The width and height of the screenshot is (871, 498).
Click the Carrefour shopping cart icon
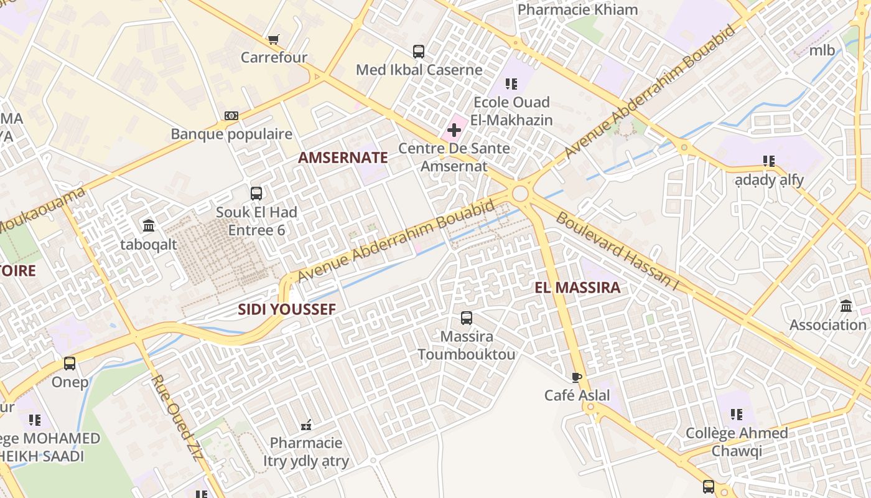coord(273,40)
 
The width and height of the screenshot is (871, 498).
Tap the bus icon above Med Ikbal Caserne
coord(419,52)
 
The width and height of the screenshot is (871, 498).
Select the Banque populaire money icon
coord(231,116)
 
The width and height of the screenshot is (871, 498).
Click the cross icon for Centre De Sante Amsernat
coord(454,130)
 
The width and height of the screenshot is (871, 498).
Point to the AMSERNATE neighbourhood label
coord(343,157)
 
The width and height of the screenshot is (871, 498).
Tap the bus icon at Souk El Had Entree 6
coord(256,194)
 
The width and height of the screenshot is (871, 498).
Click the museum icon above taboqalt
coord(149,225)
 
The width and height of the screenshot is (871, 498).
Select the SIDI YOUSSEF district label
coord(287,309)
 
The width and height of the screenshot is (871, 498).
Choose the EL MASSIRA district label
coord(577,288)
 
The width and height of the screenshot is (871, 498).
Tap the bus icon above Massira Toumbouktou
coord(467,318)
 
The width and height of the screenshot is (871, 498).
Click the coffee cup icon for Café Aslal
coord(577,377)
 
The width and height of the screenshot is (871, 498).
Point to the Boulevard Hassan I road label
coord(617,251)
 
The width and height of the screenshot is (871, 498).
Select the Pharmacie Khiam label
coord(577,10)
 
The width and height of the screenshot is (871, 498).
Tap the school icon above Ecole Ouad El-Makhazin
coord(511,84)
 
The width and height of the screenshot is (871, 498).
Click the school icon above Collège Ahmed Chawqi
coord(737,415)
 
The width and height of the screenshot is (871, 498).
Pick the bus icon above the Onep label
coord(70,364)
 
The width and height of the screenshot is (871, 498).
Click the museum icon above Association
coord(846,306)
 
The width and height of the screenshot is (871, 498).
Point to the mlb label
coord(822,51)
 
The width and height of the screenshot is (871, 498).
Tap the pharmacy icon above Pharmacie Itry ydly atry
coord(306,425)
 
